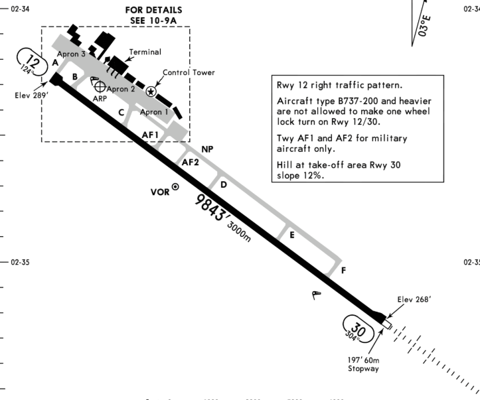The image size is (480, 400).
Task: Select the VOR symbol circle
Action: pyautogui.click(x=175, y=187)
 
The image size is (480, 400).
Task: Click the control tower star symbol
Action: pyautogui.click(x=151, y=92)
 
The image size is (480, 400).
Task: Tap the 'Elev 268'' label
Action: pyautogui.click(x=414, y=299)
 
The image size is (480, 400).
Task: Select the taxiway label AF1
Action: pyautogui.click(x=151, y=135)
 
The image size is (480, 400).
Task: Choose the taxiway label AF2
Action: pyautogui.click(x=191, y=161)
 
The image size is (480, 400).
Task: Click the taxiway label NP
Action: pyautogui.click(x=208, y=149)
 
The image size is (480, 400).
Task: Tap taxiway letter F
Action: pyautogui.click(x=343, y=271)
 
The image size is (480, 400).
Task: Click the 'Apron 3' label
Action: pyautogui.click(x=71, y=54)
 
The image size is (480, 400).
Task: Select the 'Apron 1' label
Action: pyautogui.click(x=154, y=112)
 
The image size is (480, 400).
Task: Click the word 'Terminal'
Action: pyautogui.click(x=145, y=51)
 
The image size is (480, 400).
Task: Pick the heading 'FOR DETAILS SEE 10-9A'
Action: pyautogui.click(x=153, y=16)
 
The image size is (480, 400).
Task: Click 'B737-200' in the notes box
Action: pyautogui.click(x=351, y=101)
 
